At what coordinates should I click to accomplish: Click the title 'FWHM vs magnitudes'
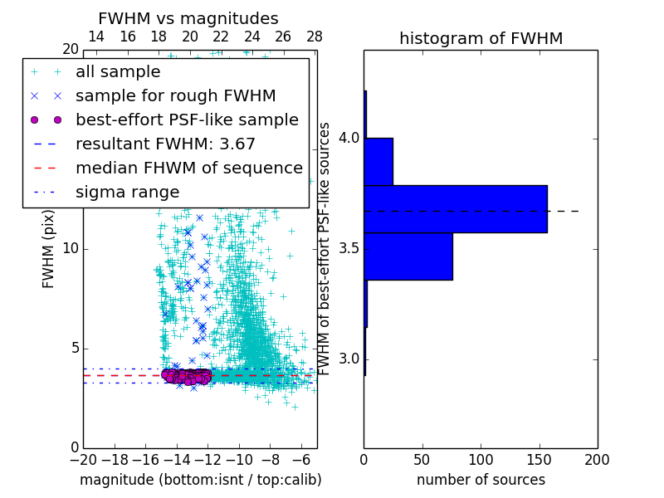188,18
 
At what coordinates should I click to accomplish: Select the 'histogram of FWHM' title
481,38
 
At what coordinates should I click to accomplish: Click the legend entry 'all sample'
118,72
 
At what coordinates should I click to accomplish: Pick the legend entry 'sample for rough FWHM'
176,95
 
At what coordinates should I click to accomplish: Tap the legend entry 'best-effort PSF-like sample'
187,120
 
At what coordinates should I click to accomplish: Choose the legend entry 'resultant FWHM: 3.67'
165,144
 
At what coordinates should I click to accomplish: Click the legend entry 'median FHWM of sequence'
189,168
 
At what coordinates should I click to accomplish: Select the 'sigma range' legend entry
127,192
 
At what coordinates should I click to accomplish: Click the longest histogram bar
455,208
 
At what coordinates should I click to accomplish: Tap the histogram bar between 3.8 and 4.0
378,161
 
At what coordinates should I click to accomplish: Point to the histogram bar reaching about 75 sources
408,256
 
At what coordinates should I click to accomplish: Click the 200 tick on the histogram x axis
597,459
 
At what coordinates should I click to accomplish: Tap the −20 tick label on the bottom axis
83,459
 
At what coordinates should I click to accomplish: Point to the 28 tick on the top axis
315,37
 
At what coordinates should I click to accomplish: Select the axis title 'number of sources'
481,480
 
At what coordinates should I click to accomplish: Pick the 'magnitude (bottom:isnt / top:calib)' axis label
200,480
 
